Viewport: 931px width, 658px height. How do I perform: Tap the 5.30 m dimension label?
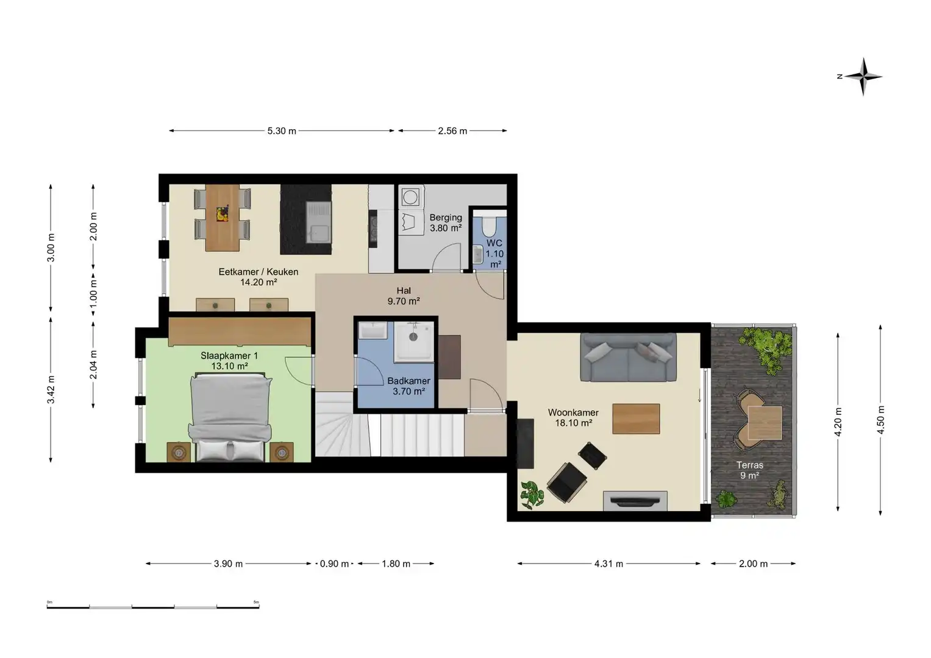point(281,131)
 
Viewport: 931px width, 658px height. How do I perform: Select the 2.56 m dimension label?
point(452,131)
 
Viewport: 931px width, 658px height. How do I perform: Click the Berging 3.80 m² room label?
point(446,222)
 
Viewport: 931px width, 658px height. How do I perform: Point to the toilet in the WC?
point(489,226)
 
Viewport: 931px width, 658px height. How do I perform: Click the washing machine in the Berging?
point(410,197)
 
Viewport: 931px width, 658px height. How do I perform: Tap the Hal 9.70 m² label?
point(404,296)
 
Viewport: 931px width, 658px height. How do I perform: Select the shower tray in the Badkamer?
point(414,340)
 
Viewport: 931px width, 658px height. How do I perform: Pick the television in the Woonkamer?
point(635,501)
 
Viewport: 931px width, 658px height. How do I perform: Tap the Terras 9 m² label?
point(749,470)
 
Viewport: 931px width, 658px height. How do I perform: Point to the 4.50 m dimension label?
point(880,420)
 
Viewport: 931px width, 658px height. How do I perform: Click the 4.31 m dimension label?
point(608,564)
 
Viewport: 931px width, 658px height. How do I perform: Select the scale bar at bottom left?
point(153,606)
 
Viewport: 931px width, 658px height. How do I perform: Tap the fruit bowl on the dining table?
point(223,214)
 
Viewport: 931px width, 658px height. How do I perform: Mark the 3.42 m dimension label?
point(51,389)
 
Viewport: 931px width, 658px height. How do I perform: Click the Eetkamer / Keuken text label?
point(259,272)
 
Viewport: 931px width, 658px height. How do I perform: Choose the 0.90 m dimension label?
point(334,564)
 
